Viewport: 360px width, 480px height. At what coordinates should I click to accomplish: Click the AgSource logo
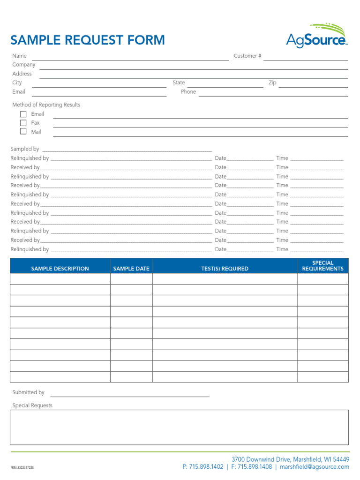coord(316,37)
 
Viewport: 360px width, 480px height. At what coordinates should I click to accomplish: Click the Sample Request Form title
coord(88,40)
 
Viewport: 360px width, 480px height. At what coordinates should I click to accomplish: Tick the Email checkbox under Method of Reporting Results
coord(23,114)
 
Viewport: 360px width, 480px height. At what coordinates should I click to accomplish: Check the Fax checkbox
coord(23,123)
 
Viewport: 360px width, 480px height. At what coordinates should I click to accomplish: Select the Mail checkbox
coord(23,132)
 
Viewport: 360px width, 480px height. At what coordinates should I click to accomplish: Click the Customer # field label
coord(247,56)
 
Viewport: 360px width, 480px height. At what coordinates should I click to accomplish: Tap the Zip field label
coord(272,82)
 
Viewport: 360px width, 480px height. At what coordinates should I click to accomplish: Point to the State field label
coord(179,82)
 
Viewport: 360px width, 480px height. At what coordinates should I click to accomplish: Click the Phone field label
coord(188,92)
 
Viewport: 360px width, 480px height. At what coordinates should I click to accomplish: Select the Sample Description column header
coord(60,269)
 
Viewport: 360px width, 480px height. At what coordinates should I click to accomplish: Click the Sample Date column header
coord(131,269)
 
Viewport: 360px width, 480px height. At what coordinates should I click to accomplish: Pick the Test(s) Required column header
coord(225,269)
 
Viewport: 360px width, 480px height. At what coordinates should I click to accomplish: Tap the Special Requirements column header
coord(322,266)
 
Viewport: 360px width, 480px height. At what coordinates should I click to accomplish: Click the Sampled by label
coord(25,149)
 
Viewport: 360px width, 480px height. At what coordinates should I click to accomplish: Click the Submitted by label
coord(28,392)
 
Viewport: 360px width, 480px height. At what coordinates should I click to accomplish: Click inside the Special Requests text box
coord(179,427)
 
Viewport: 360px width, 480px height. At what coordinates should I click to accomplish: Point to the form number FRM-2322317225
coord(22,468)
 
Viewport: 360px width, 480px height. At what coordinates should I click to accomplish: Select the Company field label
coord(23,65)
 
